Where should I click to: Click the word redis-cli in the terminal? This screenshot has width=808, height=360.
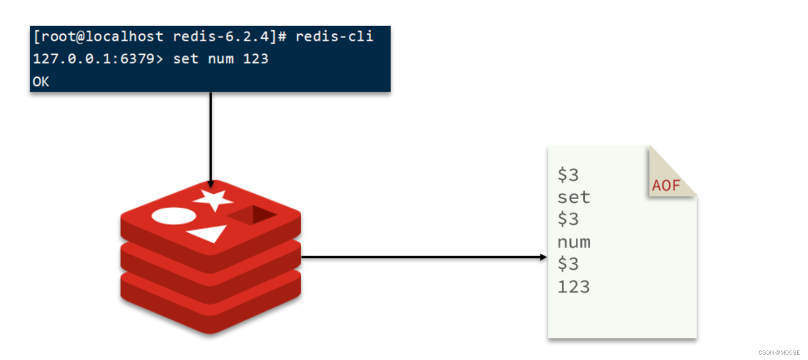pyautogui.click(x=334, y=37)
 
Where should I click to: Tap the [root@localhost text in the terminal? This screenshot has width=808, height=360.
pyautogui.click(x=98, y=37)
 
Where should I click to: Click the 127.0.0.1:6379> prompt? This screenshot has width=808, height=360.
pyautogui.click(x=98, y=58)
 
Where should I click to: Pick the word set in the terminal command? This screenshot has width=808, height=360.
pyautogui.click(x=186, y=58)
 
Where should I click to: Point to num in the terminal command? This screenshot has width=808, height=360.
pyautogui.click(x=220, y=58)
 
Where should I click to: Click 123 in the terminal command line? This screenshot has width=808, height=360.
pyautogui.click(x=255, y=58)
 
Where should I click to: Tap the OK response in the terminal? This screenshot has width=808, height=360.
pyautogui.click(x=41, y=82)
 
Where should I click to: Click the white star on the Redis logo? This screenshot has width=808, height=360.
pyautogui.click(x=213, y=200)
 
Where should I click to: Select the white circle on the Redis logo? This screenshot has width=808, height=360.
pyautogui.click(x=173, y=215)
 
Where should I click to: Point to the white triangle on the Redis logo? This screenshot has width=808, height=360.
pyautogui.click(x=208, y=234)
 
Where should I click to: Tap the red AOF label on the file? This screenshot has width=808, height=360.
pyautogui.click(x=666, y=185)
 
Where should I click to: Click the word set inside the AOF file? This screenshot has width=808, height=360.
pyautogui.click(x=573, y=197)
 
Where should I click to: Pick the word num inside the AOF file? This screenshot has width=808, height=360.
pyautogui.click(x=573, y=242)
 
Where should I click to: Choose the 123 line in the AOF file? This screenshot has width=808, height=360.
pyautogui.click(x=573, y=287)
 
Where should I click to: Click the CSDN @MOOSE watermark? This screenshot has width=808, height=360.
pyautogui.click(x=779, y=352)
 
